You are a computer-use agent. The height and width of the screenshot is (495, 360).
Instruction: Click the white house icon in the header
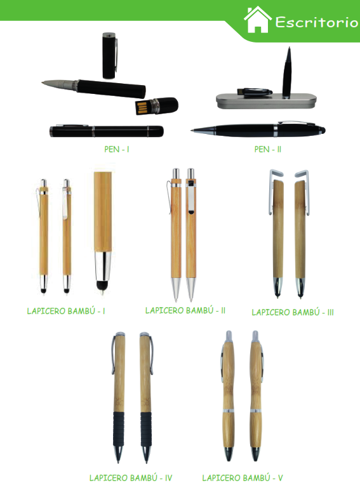(258, 20)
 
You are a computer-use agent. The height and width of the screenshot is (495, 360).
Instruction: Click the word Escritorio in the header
(317, 22)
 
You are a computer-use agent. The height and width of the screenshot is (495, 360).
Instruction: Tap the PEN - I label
(117, 149)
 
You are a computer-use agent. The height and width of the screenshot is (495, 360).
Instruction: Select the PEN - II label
(268, 149)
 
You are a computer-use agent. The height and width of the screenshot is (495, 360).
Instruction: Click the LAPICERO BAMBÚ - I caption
(66, 311)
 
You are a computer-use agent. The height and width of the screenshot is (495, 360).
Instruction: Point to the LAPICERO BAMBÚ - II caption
(185, 310)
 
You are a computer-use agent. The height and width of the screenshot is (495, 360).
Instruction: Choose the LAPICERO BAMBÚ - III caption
(293, 312)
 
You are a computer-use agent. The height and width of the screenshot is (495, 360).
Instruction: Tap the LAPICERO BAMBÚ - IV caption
(131, 478)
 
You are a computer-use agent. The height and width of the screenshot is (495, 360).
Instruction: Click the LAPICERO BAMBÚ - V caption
(243, 478)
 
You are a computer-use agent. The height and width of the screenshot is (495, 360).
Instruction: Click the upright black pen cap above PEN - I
(109, 55)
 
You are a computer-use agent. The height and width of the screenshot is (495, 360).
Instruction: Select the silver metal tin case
(266, 101)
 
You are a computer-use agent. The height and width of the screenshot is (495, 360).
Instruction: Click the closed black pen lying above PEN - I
(107, 131)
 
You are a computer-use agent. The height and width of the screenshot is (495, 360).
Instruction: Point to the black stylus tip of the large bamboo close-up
(102, 286)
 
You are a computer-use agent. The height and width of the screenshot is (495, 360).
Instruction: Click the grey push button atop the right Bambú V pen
(255, 336)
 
